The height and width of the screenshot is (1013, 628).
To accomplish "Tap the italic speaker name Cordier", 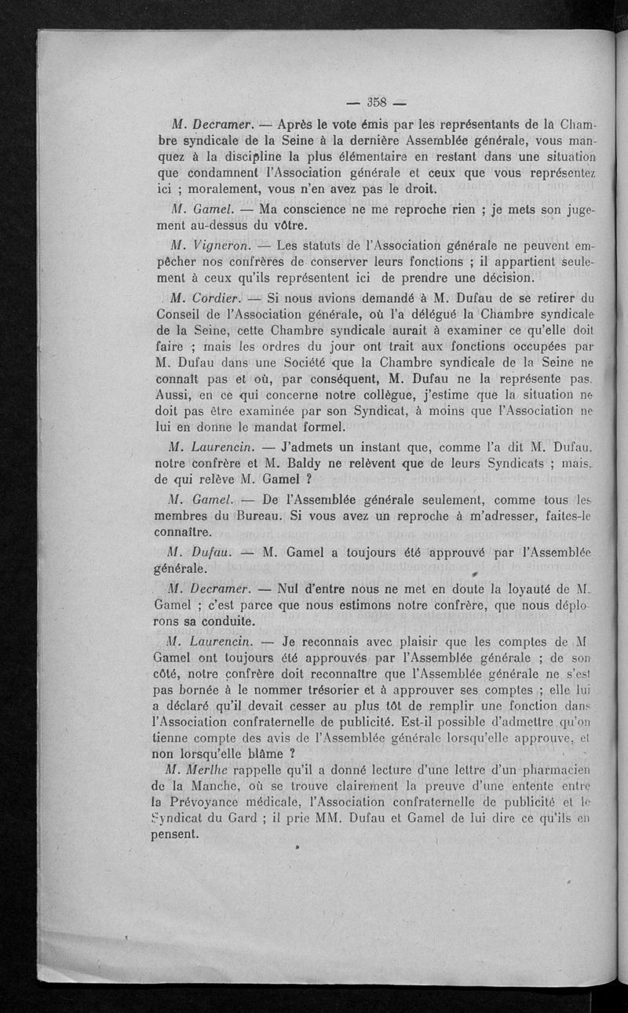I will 206,298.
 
